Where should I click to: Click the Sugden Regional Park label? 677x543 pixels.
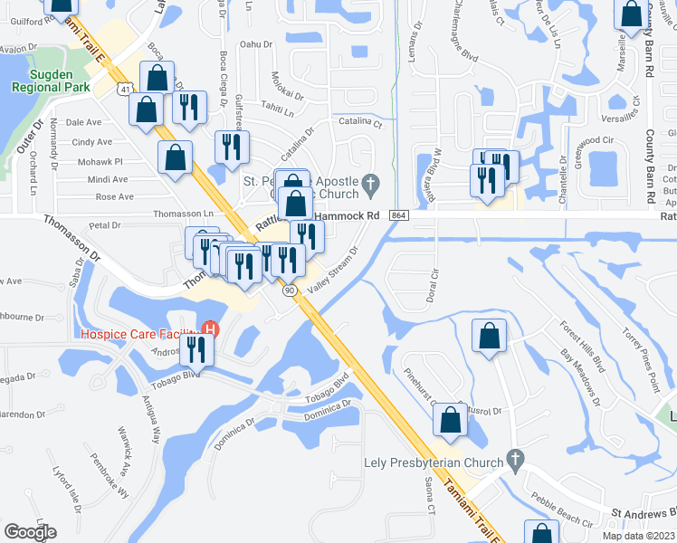tap(51, 80)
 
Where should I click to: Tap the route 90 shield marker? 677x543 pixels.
tap(289, 291)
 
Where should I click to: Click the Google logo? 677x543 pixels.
tap(31, 532)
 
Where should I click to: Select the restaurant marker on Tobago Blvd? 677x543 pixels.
tap(196, 348)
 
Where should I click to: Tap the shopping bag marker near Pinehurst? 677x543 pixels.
tap(450, 419)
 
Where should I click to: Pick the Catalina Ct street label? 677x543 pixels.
tap(361, 120)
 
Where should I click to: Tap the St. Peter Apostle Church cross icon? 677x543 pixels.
tap(369, 185)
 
